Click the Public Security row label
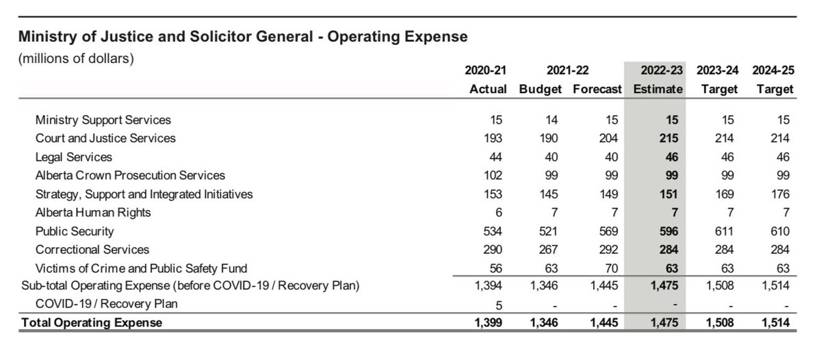coord(75,231)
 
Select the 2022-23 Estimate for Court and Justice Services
coord(669,138)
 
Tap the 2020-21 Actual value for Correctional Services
coord(493,249)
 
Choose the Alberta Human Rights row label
coord(92,212)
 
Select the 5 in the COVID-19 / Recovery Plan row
coord(503,304)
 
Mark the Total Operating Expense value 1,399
coord(490,322)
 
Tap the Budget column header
coord(540,89)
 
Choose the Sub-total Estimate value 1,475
coord(666,285)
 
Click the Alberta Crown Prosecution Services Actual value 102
coord(493,175)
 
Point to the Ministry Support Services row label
coord(103,120)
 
